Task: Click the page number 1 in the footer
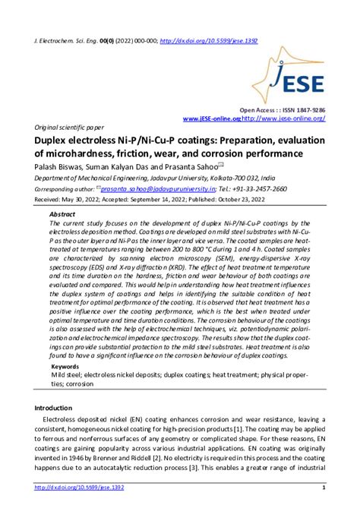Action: [324, 487]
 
